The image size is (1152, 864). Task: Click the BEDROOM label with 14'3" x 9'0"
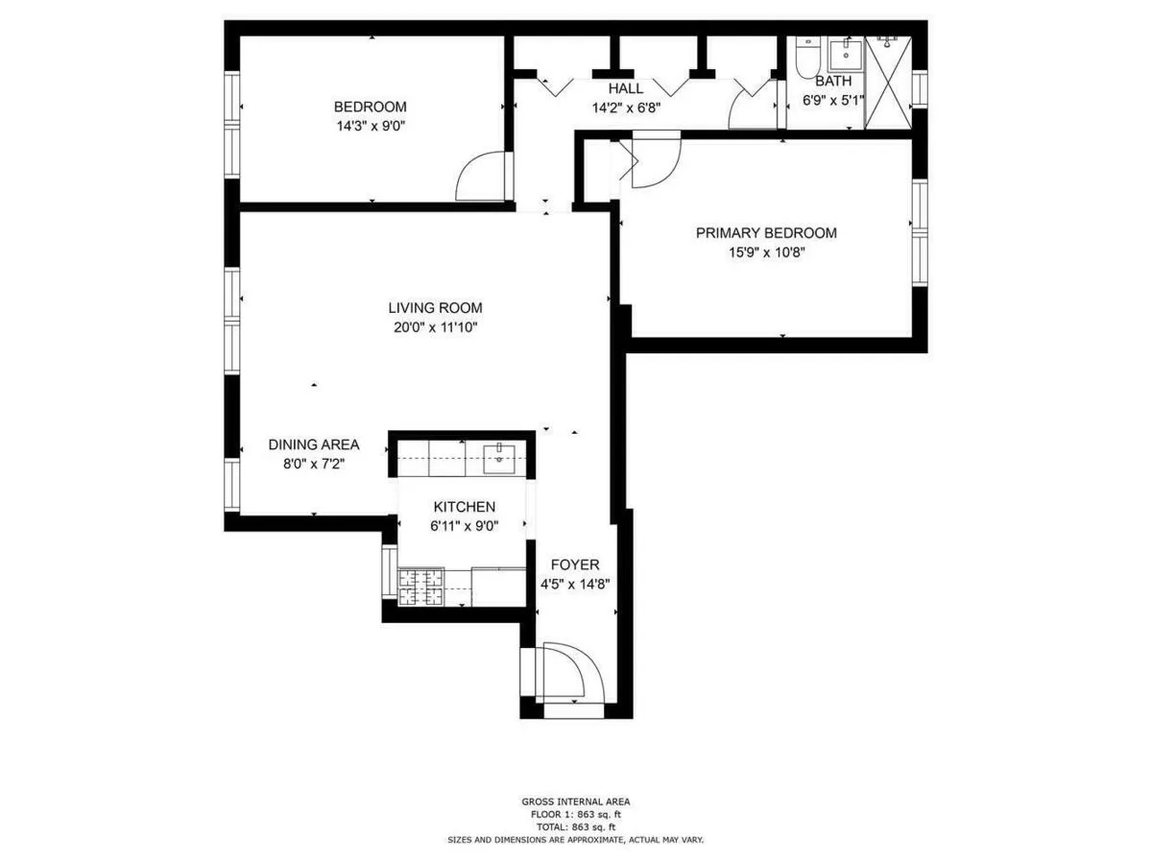tap(370, 107)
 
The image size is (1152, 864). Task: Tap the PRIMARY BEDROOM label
tap(765, 232)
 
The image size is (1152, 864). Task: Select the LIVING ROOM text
tap(434, 308)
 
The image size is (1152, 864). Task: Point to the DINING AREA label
tap(313, 444)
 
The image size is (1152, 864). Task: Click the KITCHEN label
tap(464, 507)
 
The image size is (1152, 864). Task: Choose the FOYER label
tap(574, 564)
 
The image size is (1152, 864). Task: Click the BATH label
tap(832, 82)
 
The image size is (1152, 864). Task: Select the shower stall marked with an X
tap(887, 83)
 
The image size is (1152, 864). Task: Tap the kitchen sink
tap(499, 456)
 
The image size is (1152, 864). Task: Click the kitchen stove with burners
tap(419, 587)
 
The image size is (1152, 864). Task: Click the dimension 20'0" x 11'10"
tap(433, 327)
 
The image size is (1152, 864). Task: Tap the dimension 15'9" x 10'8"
tap(765, 252)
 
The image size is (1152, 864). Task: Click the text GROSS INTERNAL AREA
tap(576, 802)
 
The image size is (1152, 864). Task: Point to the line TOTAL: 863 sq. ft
tap(576, 827)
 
